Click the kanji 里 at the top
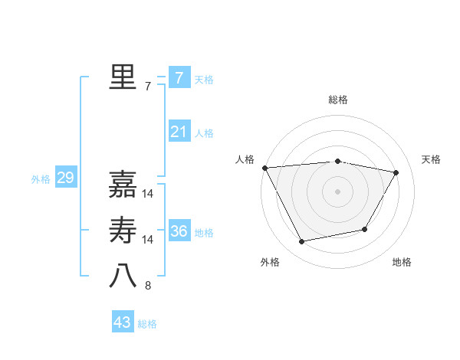coord(123,77)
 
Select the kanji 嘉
coord(123,185)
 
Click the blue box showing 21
coord(179,132)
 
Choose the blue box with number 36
coord(179,231)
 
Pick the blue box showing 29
coord(65,178)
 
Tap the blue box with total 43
coord(123,322)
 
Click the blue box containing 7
coord(179,77)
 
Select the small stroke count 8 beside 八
coord(148,286)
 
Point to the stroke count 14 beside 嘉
coord(148,194)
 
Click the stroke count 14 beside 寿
coord(148,240)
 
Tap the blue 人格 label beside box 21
coord(204,133)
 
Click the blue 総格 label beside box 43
coord(147,324)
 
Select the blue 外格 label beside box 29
coord(41,179)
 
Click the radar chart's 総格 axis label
coord(337,100)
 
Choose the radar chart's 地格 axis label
coord(402,262)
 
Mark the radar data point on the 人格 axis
coord(264,168)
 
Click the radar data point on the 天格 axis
coord(396,172)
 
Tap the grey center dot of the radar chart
coord(337,191)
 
